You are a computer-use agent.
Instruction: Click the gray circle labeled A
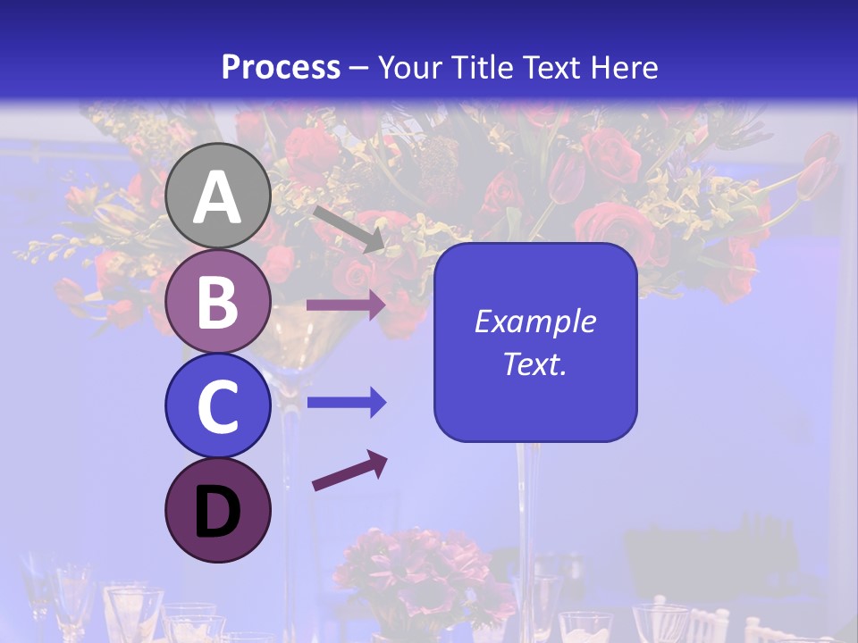217,196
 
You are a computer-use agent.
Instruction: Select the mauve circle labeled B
217,301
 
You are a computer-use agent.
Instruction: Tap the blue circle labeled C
217,405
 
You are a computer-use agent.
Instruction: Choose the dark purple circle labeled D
217,510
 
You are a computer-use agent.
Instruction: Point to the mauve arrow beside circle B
345,305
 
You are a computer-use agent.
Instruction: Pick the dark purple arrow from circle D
349,471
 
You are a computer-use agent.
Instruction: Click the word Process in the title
281,67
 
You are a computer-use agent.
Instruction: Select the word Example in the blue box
534,321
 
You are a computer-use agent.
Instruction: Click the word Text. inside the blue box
534,363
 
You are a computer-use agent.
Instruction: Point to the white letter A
217,197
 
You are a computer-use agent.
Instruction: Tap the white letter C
217,406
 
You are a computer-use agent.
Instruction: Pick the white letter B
217,302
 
